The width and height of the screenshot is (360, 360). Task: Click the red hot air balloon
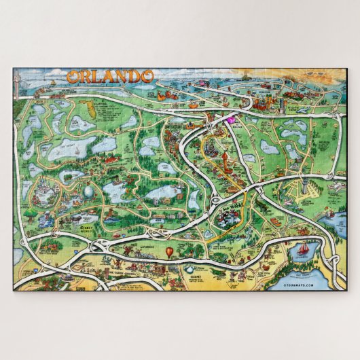click(x=168, y=253)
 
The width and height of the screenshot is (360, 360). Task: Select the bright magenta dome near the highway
click(x=230, y=121)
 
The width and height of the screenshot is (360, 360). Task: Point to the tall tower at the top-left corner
click(x=20, y=80)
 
